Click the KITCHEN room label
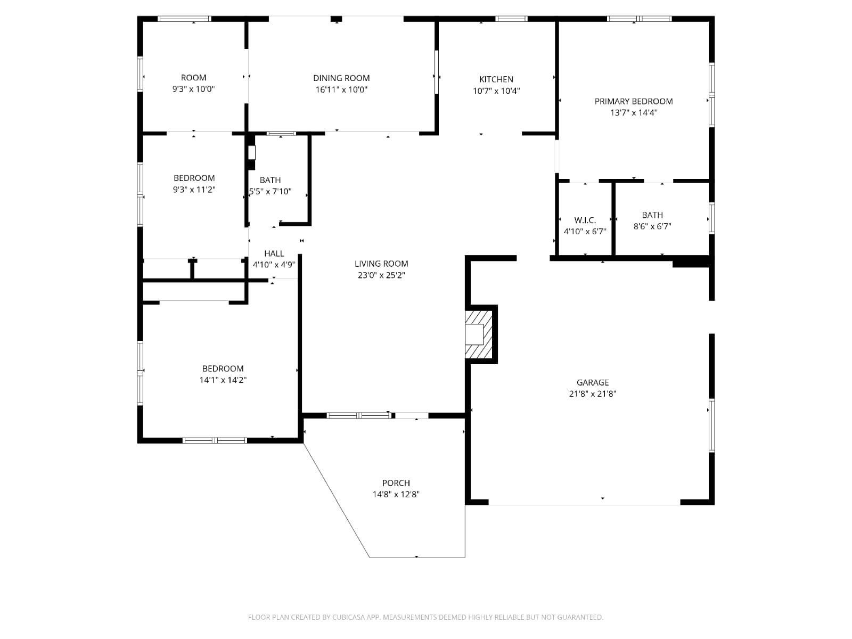(496, 79)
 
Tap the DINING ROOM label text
(341, 78)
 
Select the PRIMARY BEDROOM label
(633, 101)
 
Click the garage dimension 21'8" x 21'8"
(593, 394)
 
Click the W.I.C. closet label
(585, 220)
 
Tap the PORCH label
(396, 483)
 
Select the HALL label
(274, 253)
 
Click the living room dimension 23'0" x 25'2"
(381, 275)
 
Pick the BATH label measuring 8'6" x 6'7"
(652, 215)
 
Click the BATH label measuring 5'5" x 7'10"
(270, 181)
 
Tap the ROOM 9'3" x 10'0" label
(193, 78)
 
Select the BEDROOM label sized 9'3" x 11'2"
(194, 178)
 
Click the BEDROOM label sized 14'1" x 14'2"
(223, 368)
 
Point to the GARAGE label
(593, 382)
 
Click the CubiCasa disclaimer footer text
(425, 617)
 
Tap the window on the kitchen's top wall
(511, 19)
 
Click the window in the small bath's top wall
(281, 134)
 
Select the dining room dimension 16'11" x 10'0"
(341, 90)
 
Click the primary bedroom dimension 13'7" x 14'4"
(633, 113)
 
